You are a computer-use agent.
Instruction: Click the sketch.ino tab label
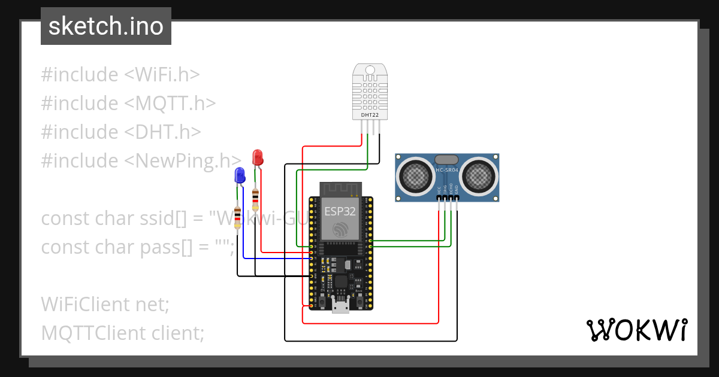(x=105, y=26)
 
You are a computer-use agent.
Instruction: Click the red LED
(x=258, y=158)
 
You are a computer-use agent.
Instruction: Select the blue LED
(x=240, y=175)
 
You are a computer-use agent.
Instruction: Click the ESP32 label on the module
(x=340, y=211)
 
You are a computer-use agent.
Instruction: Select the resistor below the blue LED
(x=238, y=217)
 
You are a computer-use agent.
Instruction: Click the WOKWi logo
(x=636, y=330)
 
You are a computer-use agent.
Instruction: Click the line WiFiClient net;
(x=105, y=305)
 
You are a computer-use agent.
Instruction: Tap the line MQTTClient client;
(x=123, y=333)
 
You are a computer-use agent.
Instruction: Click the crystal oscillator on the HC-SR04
(x=446, y=160)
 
